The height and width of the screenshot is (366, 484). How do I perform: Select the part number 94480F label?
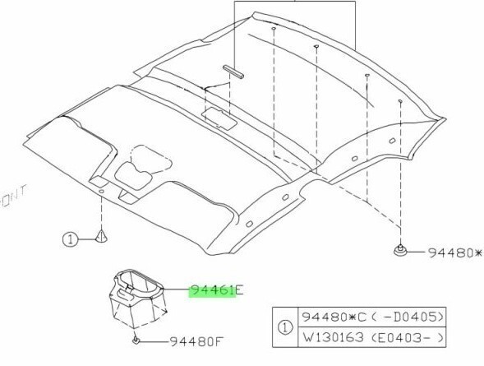coord(196,341)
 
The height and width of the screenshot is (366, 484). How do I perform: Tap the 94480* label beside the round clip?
coord(455,253)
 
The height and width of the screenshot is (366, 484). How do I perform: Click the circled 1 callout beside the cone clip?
coord(71,239)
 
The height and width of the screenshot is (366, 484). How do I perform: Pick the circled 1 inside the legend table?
coord(285,327)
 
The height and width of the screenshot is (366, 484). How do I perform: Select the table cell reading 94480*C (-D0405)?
coord(372,317)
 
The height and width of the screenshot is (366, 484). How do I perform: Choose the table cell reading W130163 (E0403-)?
coord(372,337)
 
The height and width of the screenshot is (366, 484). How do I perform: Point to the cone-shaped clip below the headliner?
coord(101,236)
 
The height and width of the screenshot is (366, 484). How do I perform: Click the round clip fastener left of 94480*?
coord(400,250)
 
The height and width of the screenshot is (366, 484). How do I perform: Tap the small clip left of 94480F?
coord(136,341)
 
